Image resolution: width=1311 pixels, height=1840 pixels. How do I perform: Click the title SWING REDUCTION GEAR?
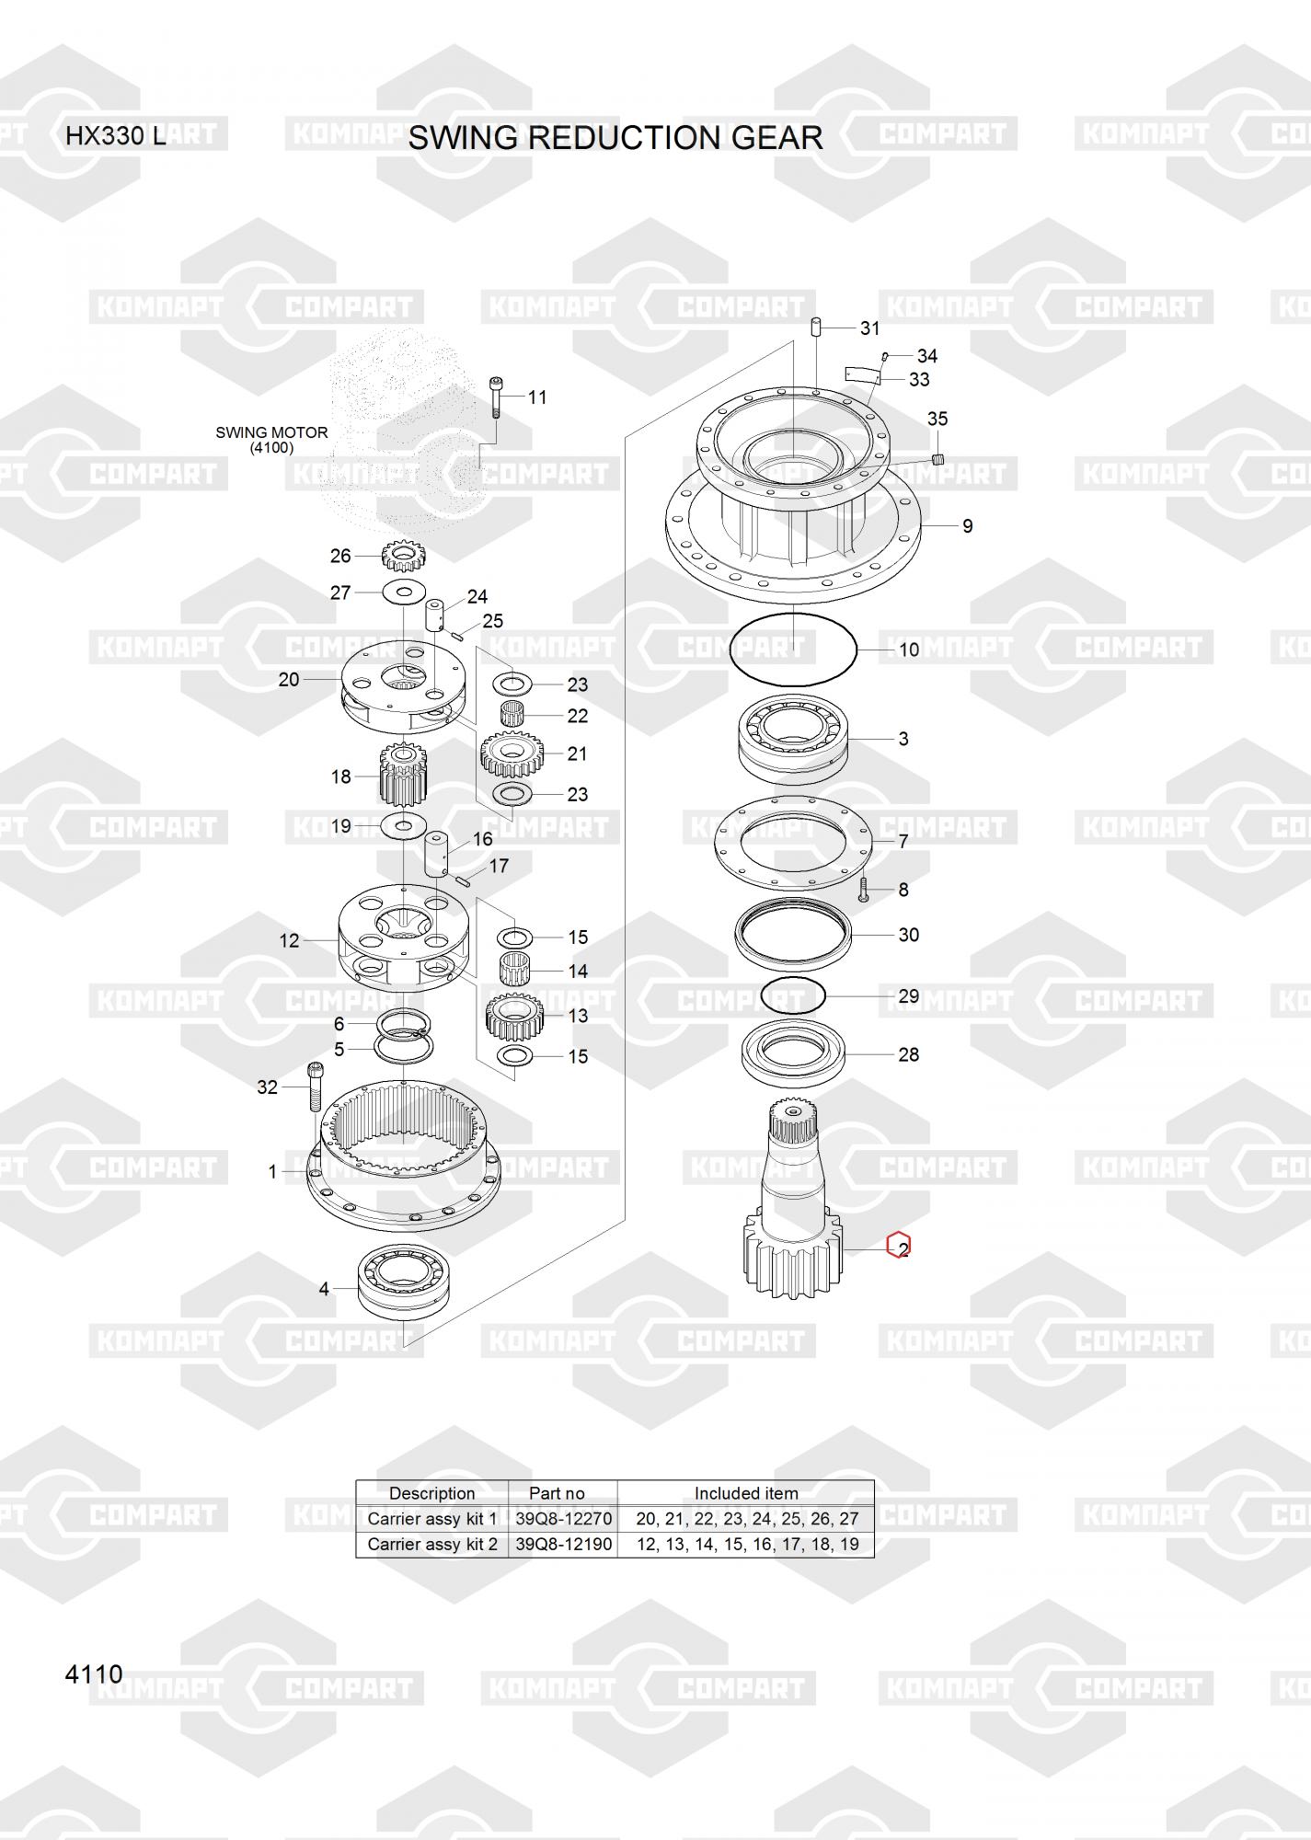(x=615, y=138)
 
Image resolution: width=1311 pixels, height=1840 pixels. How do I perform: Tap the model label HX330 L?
(x=115, y=136)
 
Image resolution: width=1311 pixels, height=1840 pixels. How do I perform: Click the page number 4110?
(x=94, y=1673)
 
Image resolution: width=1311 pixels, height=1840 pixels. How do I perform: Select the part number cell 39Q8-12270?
(x=562, y=1518)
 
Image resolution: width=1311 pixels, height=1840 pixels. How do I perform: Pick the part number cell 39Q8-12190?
(x=562, y=1544)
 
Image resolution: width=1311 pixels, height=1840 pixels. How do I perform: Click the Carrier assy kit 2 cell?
(x=431, y=1544)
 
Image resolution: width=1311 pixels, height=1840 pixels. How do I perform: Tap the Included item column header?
(x=745, y=1493)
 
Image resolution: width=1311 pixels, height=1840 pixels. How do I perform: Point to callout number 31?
(x=869, y=328)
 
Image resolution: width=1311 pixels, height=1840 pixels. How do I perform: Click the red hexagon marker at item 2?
(x=898, y=1246)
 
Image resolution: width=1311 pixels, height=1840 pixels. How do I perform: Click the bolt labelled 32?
(x=316, y=1087)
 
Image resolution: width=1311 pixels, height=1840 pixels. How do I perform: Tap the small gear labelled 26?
(x=403, y=556)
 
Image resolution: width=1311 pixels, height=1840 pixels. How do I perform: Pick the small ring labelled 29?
(x=794, y=995)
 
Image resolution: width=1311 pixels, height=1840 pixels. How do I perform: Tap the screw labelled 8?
(x=864, y=890)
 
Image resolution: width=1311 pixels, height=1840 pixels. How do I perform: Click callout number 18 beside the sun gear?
(x=340, y=776)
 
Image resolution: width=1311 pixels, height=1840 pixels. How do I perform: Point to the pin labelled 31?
(x=815, y=328)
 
